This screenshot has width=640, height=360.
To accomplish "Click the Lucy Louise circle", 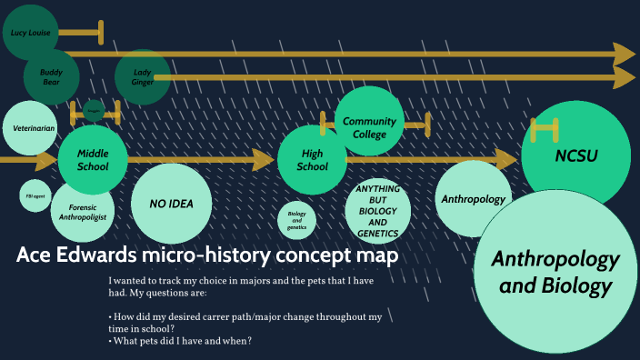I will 30,33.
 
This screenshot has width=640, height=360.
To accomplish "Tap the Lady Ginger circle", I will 143,77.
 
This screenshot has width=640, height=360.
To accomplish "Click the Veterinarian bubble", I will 33,128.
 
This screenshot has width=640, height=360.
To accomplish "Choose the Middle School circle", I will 93,160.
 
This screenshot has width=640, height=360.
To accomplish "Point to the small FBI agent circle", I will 35,195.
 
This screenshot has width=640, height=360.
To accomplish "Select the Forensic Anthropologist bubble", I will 84,212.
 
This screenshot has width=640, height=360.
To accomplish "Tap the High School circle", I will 313,160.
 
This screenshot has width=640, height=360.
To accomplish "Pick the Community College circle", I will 369,126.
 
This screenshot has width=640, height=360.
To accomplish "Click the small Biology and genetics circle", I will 296,219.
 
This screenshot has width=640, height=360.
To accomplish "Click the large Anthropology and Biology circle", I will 555,271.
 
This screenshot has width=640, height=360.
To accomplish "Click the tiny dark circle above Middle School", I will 94,110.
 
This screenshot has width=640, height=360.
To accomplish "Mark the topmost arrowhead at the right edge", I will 624,54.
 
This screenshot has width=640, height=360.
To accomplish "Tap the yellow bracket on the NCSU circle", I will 545,130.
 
